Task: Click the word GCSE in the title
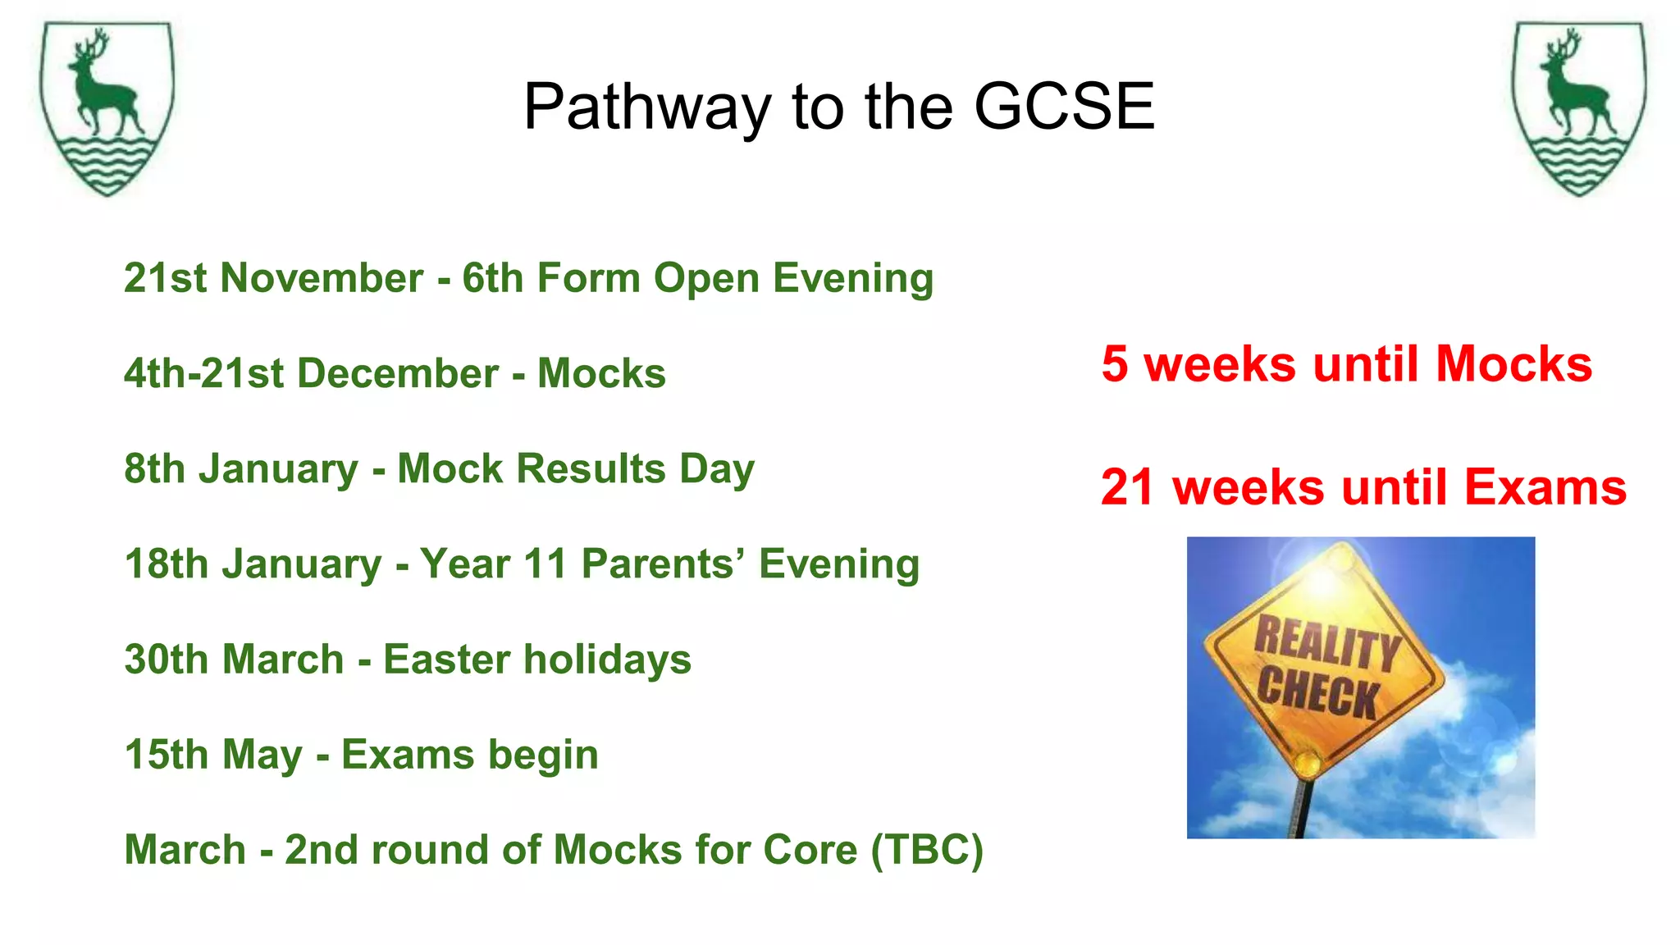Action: (1064, 107)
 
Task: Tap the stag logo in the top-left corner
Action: (107, 108)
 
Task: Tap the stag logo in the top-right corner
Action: (1579, 108)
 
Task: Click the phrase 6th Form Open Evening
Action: (697, 278)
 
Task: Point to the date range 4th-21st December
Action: (311, 373)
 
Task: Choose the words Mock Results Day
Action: (575, 469)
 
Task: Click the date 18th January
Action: (253, 564)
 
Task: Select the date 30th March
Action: (234, 660)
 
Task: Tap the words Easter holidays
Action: (537, 660)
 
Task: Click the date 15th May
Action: (213, 755)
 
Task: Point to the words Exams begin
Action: (469, 755)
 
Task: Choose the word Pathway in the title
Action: (647, 107)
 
